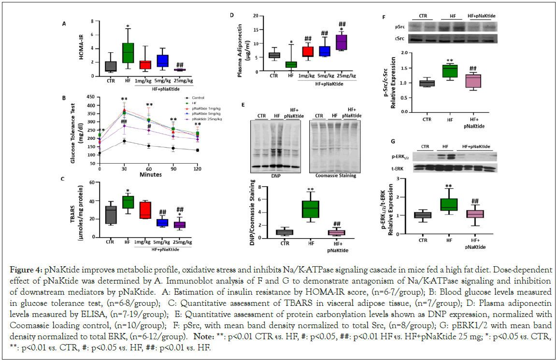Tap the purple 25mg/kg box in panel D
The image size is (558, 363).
[341, 42]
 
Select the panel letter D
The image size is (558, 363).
[232, 15]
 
